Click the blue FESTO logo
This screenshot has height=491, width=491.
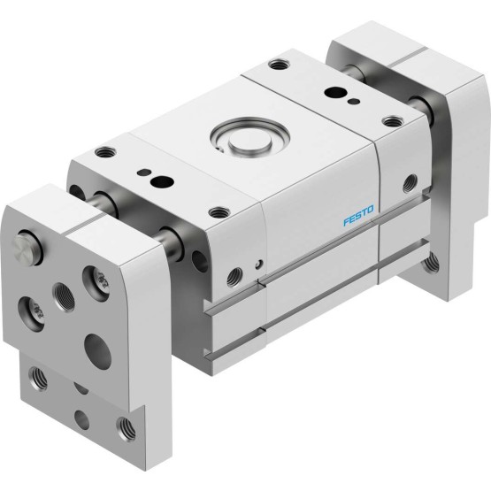358,215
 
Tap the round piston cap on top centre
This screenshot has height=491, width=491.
249,142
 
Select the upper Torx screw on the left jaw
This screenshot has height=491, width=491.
96,284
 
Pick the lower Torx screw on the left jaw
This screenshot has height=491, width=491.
31,313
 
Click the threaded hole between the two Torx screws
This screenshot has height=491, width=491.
64,297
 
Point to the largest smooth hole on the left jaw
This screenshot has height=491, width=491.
97,351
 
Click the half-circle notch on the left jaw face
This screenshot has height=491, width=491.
81,387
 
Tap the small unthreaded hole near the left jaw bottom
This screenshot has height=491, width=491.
81,420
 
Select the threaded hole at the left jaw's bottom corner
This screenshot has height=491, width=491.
126,429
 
